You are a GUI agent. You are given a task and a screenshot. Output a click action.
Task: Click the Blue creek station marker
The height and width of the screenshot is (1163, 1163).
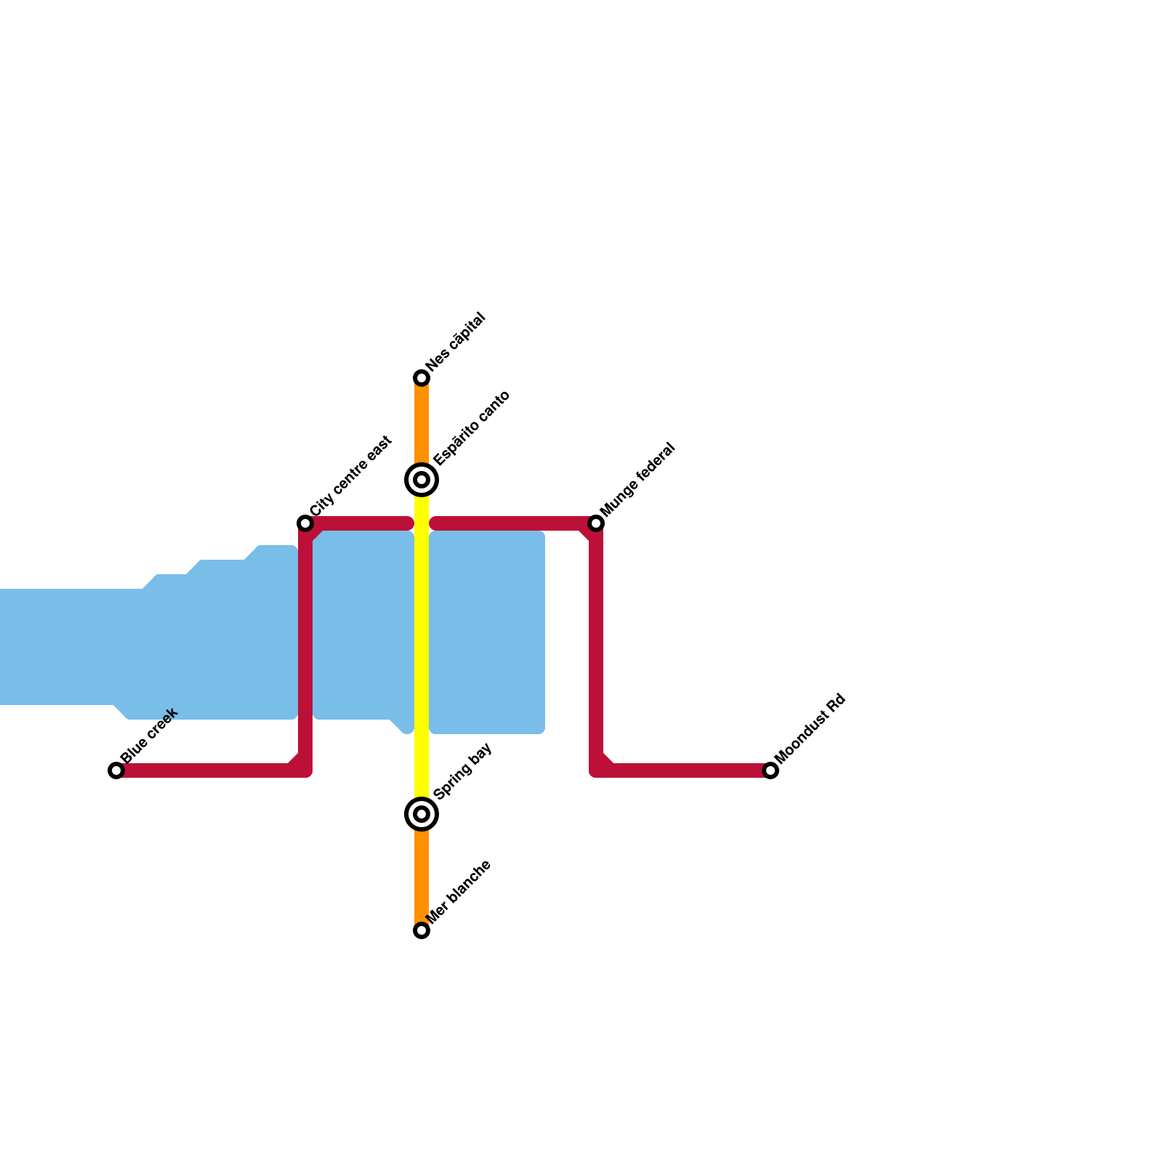pos(116,770)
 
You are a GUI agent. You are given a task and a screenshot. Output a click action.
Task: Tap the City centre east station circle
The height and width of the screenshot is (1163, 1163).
pos(305,523)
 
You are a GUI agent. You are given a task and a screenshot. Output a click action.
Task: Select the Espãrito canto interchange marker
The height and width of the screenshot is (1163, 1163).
pos(422,480)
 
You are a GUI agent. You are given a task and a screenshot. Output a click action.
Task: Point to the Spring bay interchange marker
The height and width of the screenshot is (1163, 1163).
pos(422,814)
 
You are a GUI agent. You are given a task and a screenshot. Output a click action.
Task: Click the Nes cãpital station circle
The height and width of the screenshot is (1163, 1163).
pos(422,378)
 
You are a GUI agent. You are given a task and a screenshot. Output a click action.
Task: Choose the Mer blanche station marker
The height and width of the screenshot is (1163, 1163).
pos(422,930)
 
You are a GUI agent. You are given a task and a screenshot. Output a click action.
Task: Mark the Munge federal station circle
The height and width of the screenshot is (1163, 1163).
pos(596,523)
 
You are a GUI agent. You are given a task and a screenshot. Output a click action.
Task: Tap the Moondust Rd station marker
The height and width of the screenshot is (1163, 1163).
pos(770,770)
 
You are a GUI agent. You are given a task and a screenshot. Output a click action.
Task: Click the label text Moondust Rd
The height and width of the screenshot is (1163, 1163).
pos(810,729)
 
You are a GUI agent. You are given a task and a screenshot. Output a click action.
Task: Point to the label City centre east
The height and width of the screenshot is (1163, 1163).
pos(351,477)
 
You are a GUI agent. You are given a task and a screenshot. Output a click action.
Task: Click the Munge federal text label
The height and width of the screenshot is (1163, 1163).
pos(638,480)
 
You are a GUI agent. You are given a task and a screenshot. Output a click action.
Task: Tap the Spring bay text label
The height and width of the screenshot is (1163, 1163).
pos(463,771)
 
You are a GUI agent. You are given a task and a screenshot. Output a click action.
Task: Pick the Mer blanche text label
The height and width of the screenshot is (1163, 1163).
pos(459,892)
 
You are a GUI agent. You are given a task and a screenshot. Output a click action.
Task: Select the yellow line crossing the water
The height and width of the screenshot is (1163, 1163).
pos(422,632)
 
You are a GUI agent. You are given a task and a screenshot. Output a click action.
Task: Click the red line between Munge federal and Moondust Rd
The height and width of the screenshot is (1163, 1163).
pos(596,647)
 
